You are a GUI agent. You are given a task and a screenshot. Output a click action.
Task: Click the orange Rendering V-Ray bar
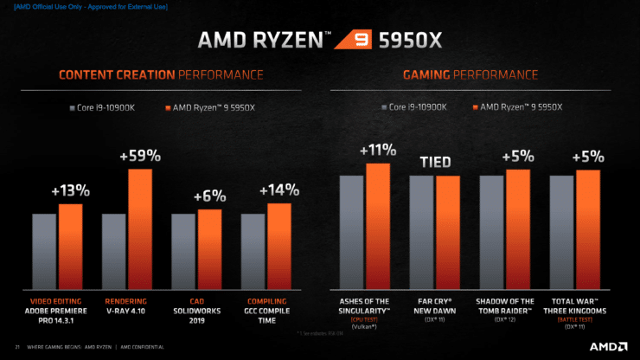[x=140, y=229]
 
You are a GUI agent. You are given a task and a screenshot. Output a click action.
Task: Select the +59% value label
[x=140, y=157]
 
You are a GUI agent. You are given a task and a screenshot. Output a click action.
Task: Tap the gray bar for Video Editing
[x=44, y=252]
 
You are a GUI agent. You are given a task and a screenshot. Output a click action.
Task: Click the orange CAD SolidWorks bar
[x=209, y=249]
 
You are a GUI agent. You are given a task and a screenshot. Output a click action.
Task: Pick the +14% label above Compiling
[x=278, y=190]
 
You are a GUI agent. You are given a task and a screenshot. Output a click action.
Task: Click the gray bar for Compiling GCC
[x=253, y=252]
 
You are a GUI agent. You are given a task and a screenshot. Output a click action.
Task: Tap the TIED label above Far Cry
[x=435, y=162]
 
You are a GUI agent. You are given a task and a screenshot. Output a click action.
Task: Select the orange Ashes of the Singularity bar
[x=377, y=226]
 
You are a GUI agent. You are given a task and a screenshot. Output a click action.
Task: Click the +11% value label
[x=377, y=150]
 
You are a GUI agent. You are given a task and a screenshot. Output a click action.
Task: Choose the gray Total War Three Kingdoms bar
[x=561, y=233]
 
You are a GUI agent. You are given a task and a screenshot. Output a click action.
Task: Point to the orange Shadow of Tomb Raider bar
[x=517, y=229]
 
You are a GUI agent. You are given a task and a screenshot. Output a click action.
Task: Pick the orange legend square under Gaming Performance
[x=474, y=108]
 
